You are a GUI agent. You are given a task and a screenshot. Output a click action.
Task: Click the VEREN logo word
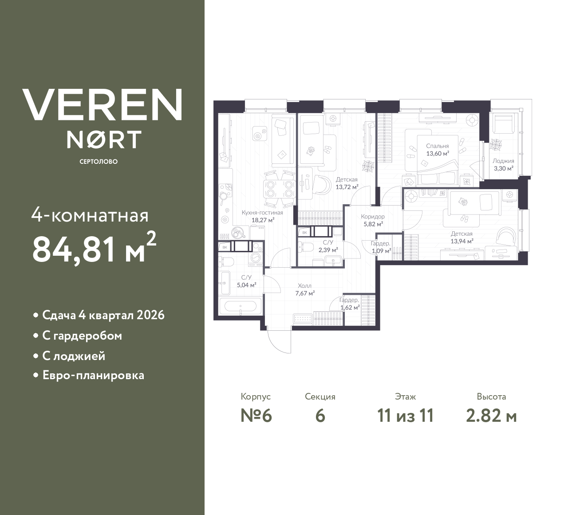point(102,104)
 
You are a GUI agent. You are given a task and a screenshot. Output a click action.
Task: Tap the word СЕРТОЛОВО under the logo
point(99,162)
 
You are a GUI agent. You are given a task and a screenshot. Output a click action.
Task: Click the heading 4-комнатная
point(90,216)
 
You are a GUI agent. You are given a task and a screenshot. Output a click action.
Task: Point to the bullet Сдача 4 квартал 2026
point(103,315)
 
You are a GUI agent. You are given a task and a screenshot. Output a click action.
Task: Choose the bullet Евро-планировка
point(93,376)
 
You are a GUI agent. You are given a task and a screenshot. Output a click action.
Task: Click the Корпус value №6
point(256,416)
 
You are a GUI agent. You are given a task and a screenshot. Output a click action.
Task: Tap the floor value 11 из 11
point(405,416)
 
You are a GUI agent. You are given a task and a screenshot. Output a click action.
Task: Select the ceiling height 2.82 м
point(491,416)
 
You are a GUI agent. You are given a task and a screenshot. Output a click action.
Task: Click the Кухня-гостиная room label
point(262,213)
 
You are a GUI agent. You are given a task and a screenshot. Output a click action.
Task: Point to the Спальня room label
point(437,146)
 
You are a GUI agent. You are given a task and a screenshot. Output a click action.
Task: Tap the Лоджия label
point(503,161)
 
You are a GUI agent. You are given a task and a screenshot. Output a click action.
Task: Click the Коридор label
point(373,217)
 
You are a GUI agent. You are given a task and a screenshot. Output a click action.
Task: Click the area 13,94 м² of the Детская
point(461,241)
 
